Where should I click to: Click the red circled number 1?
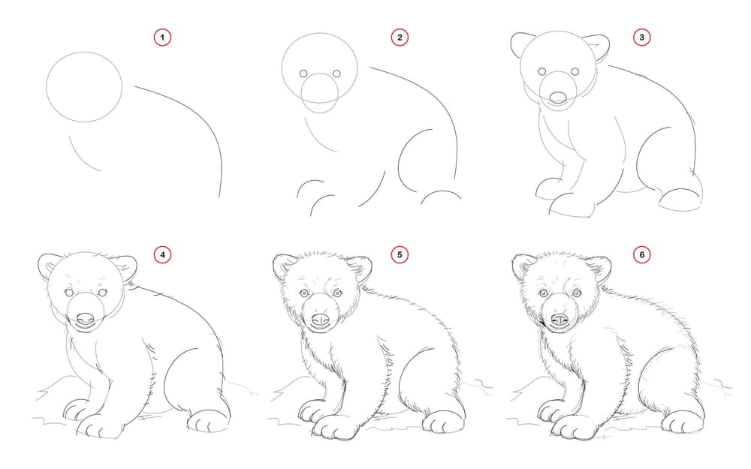click(x=162, y=38)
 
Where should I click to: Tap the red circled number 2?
click(x=400, y=38)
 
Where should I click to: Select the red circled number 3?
click(x=642, y=38)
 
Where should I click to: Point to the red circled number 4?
click(x=162, y=254)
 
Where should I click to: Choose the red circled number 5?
click(x=400, y=254)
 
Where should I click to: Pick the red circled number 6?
click(x=642, y=254)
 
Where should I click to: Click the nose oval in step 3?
click(x=558, y=98)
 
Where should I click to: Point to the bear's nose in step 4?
click(x=86, y=318)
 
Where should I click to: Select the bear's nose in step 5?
click(x=321, y=319)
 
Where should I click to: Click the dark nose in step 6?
click(x=559, y=320)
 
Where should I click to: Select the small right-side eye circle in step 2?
click(x=336, y=74)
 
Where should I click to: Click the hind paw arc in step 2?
click(x=441, y=191)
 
